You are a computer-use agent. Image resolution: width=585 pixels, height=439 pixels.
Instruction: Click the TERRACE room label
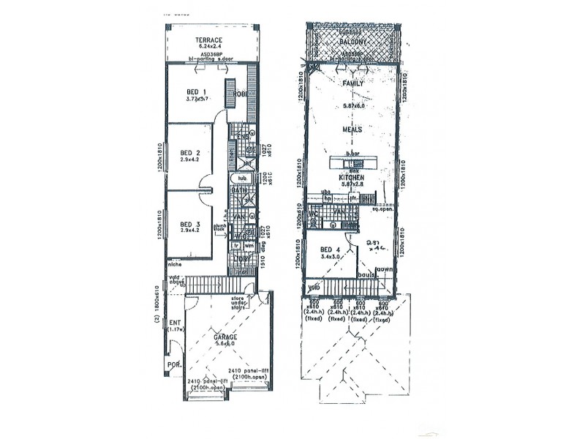208,40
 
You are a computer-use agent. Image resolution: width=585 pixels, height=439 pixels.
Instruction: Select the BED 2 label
191,153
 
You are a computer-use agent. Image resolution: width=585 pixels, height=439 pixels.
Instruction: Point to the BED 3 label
190,225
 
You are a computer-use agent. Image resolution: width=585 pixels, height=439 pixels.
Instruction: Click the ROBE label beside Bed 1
240,94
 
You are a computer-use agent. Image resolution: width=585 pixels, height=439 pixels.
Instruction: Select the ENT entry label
175,322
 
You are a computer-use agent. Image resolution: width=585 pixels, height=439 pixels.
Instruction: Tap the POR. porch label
174,364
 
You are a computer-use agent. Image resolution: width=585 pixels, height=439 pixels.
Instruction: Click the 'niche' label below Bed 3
174,264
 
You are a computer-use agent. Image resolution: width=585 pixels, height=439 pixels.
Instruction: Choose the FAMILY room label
353,84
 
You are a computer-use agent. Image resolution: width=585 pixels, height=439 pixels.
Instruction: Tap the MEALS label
352,130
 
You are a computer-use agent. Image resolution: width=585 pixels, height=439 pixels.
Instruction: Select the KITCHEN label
352,178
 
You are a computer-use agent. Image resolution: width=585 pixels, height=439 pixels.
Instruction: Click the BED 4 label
329,250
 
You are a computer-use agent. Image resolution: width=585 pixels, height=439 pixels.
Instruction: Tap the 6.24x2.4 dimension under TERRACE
208,48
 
